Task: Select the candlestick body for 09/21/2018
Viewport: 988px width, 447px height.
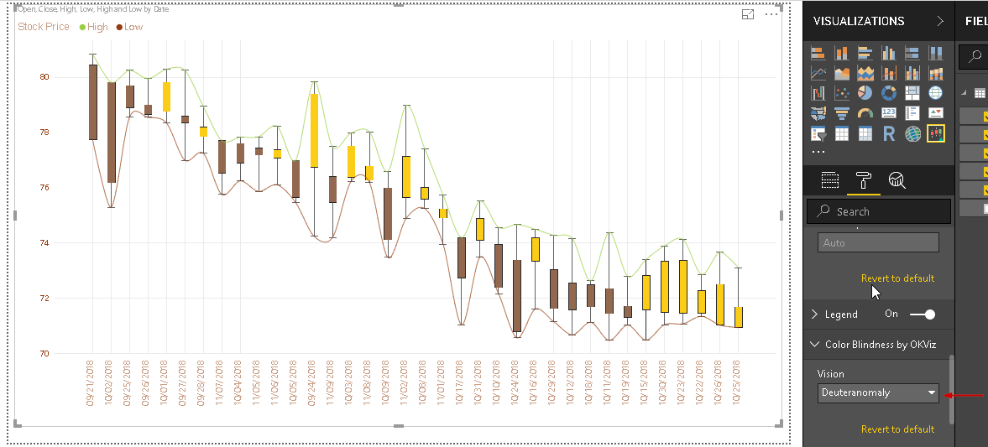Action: (93, 102)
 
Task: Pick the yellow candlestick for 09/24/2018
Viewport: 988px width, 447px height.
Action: (314, 130)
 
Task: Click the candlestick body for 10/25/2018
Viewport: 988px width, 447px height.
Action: (739, 317)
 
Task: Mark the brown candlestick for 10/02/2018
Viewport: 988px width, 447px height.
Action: (111, 133)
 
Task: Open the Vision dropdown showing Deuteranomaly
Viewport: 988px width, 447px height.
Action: (878, 392)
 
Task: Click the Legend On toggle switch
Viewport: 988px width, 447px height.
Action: (922, 314)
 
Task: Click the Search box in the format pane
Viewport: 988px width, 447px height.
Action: (878, 211)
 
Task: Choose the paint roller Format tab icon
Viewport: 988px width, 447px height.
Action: (863, 179)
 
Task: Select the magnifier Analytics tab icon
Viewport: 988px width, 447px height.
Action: (897, 179)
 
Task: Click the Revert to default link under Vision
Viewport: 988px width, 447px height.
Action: (897, 429)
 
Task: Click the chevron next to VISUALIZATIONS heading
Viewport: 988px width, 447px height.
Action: (939, 21)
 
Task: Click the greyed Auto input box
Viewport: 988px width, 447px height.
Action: (878, 243)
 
